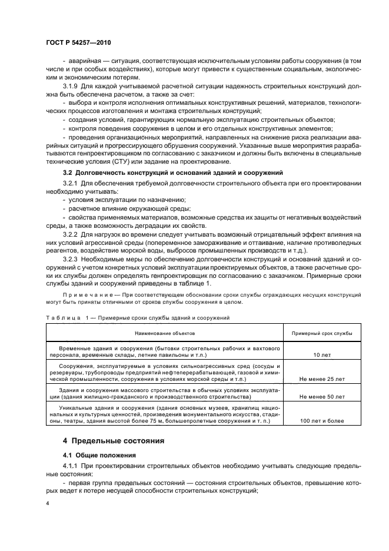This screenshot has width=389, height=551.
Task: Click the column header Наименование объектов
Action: click(165, 333)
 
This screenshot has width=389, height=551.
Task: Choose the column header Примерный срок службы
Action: click(322, 333)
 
